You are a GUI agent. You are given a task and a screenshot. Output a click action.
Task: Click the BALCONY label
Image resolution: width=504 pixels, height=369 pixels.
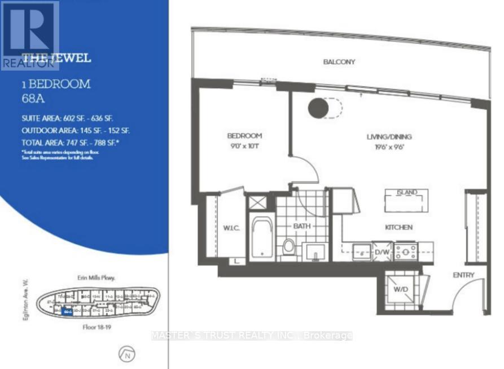click(339, 62)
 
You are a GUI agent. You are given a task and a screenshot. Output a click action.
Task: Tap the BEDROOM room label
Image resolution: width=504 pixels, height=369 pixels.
click(245, 136)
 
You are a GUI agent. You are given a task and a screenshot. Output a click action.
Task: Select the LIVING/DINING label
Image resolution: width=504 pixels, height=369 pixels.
click(389, 137)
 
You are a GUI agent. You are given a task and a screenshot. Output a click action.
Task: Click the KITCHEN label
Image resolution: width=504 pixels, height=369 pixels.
click(399, 227)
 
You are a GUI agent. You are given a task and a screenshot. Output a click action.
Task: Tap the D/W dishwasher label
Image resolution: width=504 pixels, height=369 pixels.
click(382, 251)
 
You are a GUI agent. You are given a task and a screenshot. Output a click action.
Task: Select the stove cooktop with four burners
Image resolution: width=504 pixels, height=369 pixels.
click(406, 250)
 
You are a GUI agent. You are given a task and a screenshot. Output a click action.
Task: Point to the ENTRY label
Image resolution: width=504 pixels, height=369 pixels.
click(463, 275)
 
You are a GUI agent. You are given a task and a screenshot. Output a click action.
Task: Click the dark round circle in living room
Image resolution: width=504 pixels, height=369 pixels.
click(318, 107)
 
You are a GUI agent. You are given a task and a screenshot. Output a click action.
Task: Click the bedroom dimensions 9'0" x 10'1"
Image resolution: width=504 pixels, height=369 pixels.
click(245, 146)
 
